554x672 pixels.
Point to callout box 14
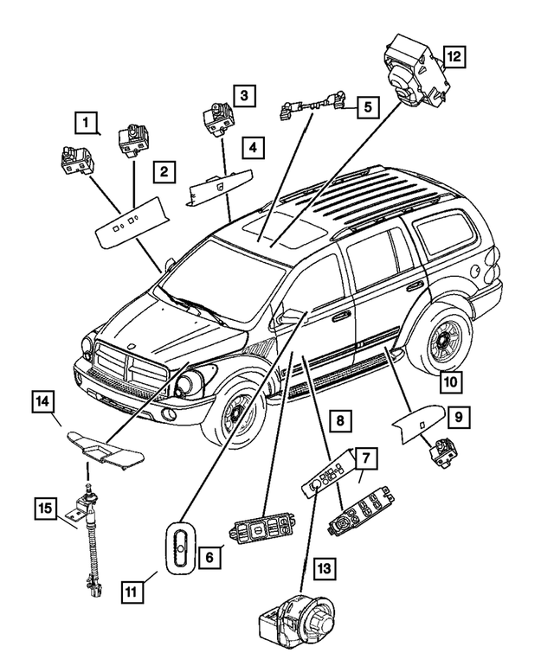pyautogui.click(x=42, y=400)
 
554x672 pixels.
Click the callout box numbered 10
pyautogui.click(x=450, y=378)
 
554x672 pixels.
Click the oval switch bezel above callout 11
pyautogui.click(x=180, y=545)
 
